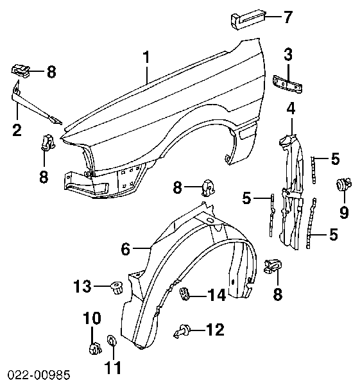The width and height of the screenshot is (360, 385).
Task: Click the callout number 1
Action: pos(146,57)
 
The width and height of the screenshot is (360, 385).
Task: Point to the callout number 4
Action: pos(291,109)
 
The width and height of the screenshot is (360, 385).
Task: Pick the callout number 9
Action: pos(344,210)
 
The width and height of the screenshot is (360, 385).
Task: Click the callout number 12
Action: pos(215,330)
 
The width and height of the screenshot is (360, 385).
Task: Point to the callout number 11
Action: pos(112,369)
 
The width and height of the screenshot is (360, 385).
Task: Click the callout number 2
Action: pos(17,130)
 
